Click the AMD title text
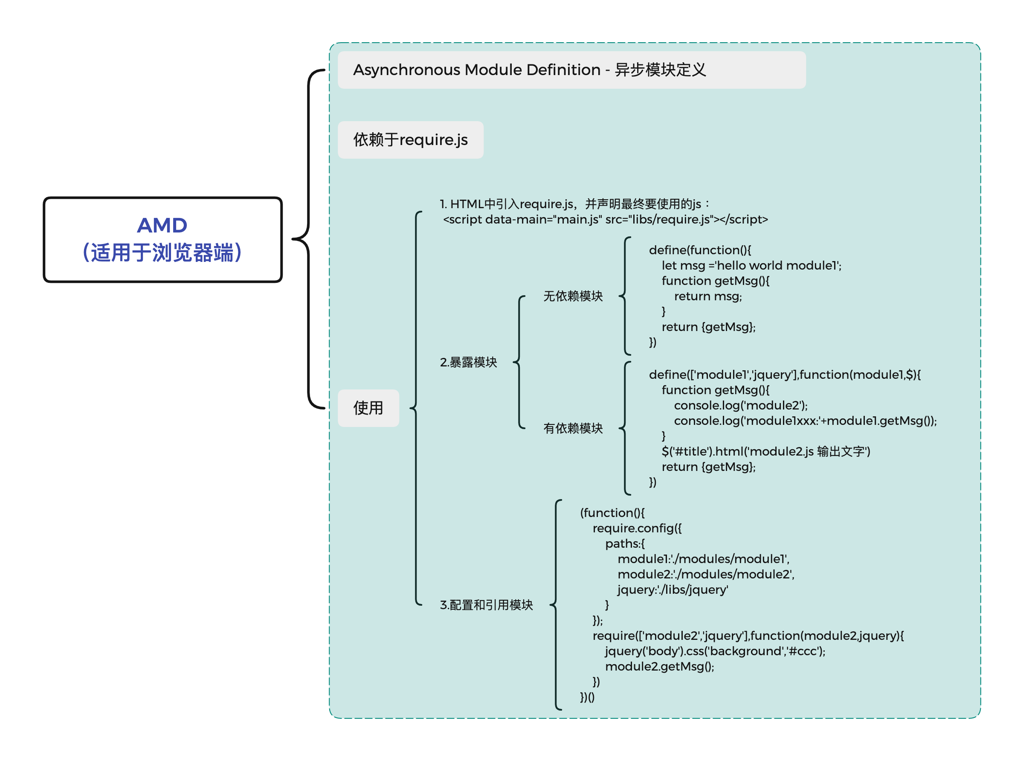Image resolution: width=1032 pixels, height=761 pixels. pyautogui.click(x=162, y=225)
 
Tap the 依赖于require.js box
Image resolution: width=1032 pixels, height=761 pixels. pyautogui.click(x=410, y=140)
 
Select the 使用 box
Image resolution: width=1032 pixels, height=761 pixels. pyautogui.click(x=368, y=408)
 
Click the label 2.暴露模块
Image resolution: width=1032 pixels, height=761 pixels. pyautogui.click(x=468, y=363)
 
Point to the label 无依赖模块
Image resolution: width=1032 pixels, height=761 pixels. pyautogui.click(x=572, y=296)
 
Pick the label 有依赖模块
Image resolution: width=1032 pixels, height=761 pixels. pyautogui.click(x=572, y=428)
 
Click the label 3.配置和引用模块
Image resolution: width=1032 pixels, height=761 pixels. pyautogui.click(x=486, y=605)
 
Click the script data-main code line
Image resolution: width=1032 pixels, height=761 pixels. pyautogui.click(x=605, y=220)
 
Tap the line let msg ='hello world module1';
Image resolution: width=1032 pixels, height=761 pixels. pyautogui.click(x=751, y=266)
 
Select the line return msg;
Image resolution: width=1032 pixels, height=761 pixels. pyautogui.click(x=708, y=296)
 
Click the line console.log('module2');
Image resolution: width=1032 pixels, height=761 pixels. pyautogui.click(x=740, y=405)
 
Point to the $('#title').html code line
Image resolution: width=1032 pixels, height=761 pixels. pyautogui.click(x=765, y=451)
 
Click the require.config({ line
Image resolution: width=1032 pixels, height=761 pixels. pyautogui.click(x=637, y=529)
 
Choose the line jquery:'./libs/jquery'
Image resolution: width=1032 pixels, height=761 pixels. pyautogui.click(x=673, y=590)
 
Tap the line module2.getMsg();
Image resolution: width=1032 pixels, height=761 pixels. pyautogui.click(x=659, y=667)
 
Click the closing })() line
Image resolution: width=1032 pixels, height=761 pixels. pyautogui.click(x=587, y=697)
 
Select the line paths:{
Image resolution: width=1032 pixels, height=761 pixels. pyautogui.click(x=625, y=543)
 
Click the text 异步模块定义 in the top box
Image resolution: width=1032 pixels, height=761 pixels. pyautogui.click(x=661, y=70)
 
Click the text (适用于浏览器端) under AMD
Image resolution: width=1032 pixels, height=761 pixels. pyautogui.click(x=162, y=253)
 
